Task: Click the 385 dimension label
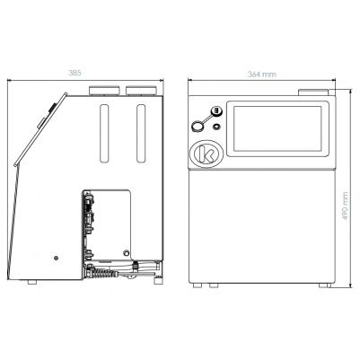point(75,73)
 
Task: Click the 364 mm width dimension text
point(262,75)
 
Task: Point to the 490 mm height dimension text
point(346,206)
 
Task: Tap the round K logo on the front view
point(206,154)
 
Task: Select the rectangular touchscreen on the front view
point(277,128)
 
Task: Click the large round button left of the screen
point(198,127)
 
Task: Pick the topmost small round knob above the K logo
point(216,111)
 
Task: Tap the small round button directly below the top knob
point(216,127)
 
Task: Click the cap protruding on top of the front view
point(313,92)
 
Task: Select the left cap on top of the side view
point(105,91)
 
